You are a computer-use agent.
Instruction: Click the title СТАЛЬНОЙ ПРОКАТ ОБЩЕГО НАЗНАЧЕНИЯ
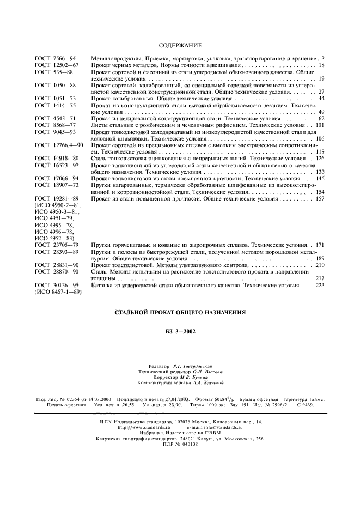coord(180,313)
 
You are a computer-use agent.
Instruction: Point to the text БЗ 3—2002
coord(180,332)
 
